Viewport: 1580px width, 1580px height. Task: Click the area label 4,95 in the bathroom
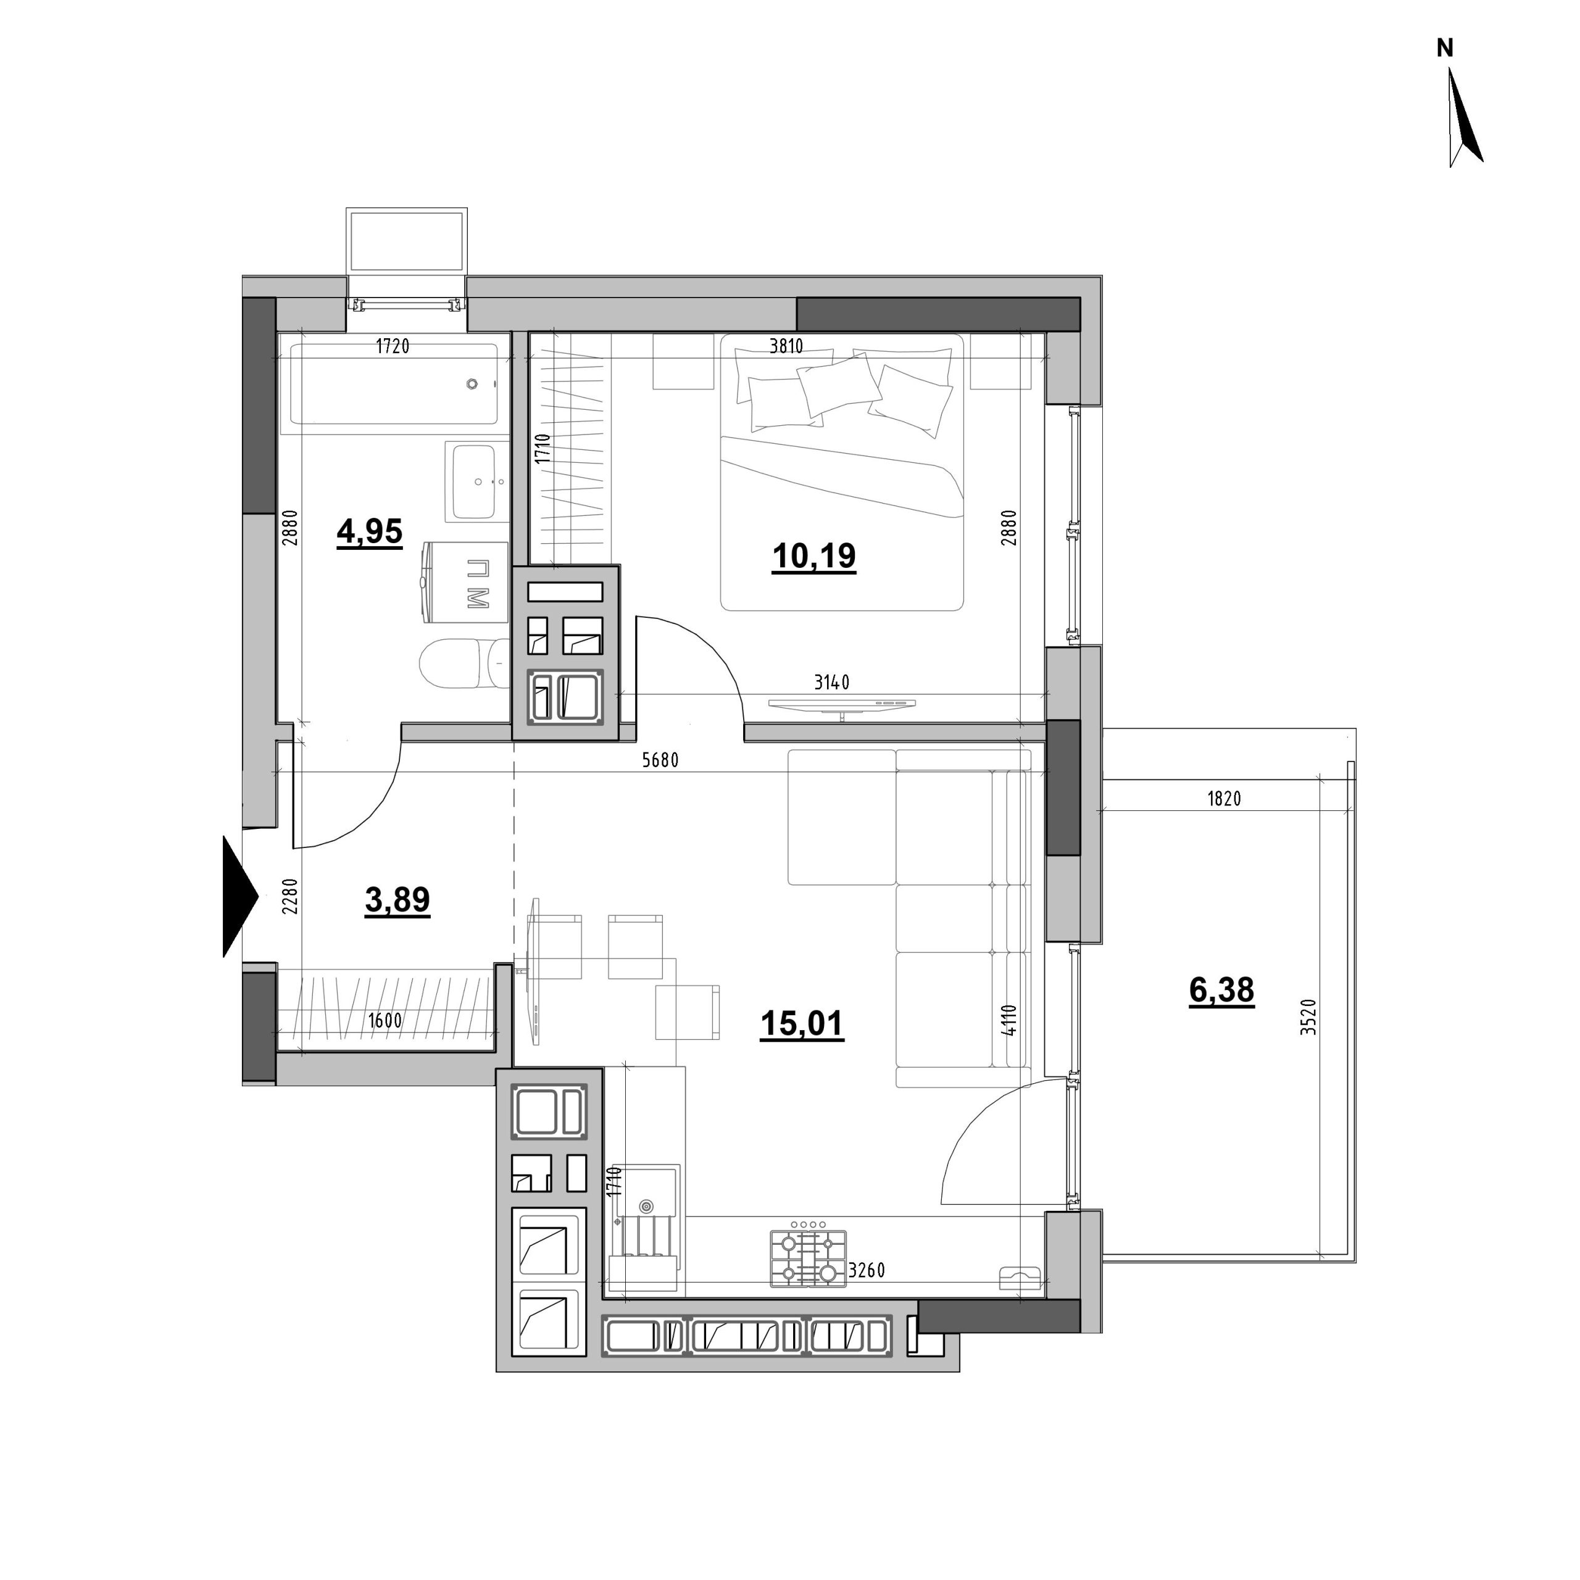tap(370, 533)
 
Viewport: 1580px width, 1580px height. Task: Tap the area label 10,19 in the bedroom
tap(813, 556)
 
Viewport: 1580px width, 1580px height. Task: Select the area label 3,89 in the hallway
tap(397, 900)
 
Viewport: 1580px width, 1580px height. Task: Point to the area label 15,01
tap(802, 1023)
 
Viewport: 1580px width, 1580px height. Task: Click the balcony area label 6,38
tap(1222, 991)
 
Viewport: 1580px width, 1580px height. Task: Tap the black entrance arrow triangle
tap(239, 896)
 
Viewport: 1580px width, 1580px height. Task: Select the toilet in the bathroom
tap(463, 663)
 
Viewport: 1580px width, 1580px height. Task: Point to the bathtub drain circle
tap(472, 383)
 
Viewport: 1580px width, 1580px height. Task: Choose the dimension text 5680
tap(661, 760)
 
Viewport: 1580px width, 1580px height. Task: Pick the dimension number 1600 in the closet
tap(385, 1021)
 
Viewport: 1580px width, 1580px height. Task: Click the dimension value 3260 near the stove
tap(867, 1271)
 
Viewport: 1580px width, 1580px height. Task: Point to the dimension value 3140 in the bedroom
tap(832, 682)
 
